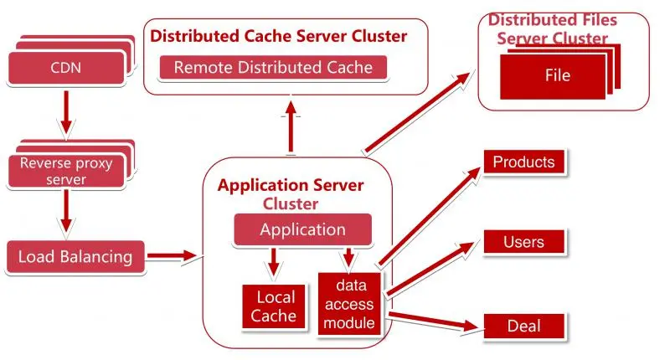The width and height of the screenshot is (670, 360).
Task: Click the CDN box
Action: (66, 68)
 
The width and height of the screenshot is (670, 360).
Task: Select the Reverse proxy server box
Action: (66, 172)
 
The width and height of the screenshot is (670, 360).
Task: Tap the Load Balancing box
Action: (75, 257)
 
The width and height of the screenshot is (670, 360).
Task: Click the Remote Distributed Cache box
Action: (273, 68)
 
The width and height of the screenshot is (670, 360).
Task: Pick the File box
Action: (553, 77)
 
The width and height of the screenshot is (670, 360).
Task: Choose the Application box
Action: (302, 229)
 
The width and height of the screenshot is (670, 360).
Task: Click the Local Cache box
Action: (274, 306)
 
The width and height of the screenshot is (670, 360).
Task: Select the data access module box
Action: (349, 304)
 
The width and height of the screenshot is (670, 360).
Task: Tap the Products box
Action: (524, 162)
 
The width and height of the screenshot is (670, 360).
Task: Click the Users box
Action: (524, 242)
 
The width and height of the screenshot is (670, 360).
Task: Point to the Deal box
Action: (524, 327)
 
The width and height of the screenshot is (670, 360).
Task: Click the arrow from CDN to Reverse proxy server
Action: (66, 112)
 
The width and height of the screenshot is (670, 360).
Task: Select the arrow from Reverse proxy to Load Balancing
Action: (66, 211)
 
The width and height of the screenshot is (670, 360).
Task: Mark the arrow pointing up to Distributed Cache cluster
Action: (291, 126)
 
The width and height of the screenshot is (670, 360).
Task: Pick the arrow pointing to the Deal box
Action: (433, 321)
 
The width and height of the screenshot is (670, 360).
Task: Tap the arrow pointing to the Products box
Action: (430, 216)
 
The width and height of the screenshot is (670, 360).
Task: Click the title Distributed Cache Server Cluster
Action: (278, 36)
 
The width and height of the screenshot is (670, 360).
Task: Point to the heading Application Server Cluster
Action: (291, 194)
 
